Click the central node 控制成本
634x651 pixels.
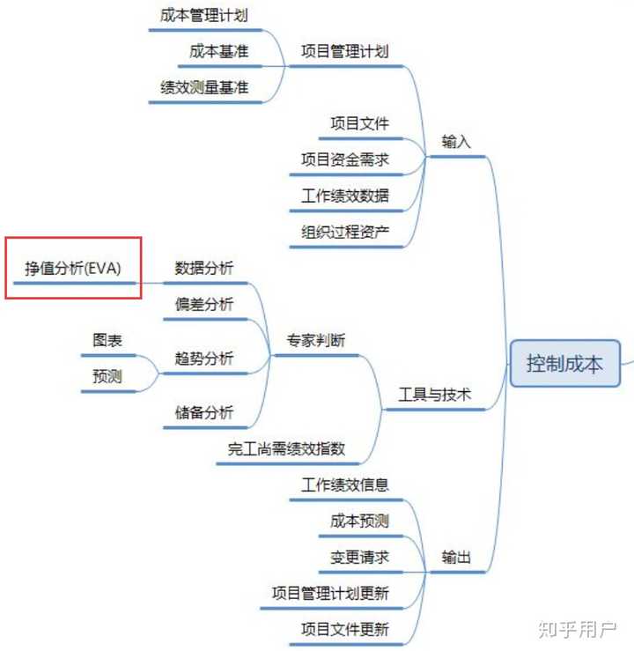pyautogui.click(x=564, y=363)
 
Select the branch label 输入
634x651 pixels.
pyautogui.click(x=456, y=141)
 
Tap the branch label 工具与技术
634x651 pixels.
pyautogui.click(x=434, y=395)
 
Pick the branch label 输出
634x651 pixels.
pyautogui.click(x=456, y=557)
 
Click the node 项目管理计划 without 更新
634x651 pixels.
pyautogui.click(x=344, y=51)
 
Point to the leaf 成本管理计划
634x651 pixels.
pyautogui.click(x=204, y=15)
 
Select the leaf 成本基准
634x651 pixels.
pyautogui.click(x=218, y=51)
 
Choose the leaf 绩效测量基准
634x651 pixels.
pyautogui.click(x=204, y=87)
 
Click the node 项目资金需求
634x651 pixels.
pyautogui.click(x=344, y=159)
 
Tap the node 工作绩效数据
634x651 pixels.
pyautogui.click(x=344, y=196)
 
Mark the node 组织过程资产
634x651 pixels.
pyautogui.click(x=344, y=232)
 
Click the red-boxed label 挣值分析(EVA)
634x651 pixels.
pyautogui.click(x=73, y=268)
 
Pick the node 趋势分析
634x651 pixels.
pyautogui.click(x=204, y=358)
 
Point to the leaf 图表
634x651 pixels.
pyautogui.click(x=107, y=340)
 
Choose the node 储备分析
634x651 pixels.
pyautogui.click(x=204, y=411)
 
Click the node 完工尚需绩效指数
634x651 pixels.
pyautogui.click(x=286, y=448)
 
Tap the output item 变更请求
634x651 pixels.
pyautogui.click(x=359, y=557)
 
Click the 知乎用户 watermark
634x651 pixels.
pyautogui.click(x=577, y=629)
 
